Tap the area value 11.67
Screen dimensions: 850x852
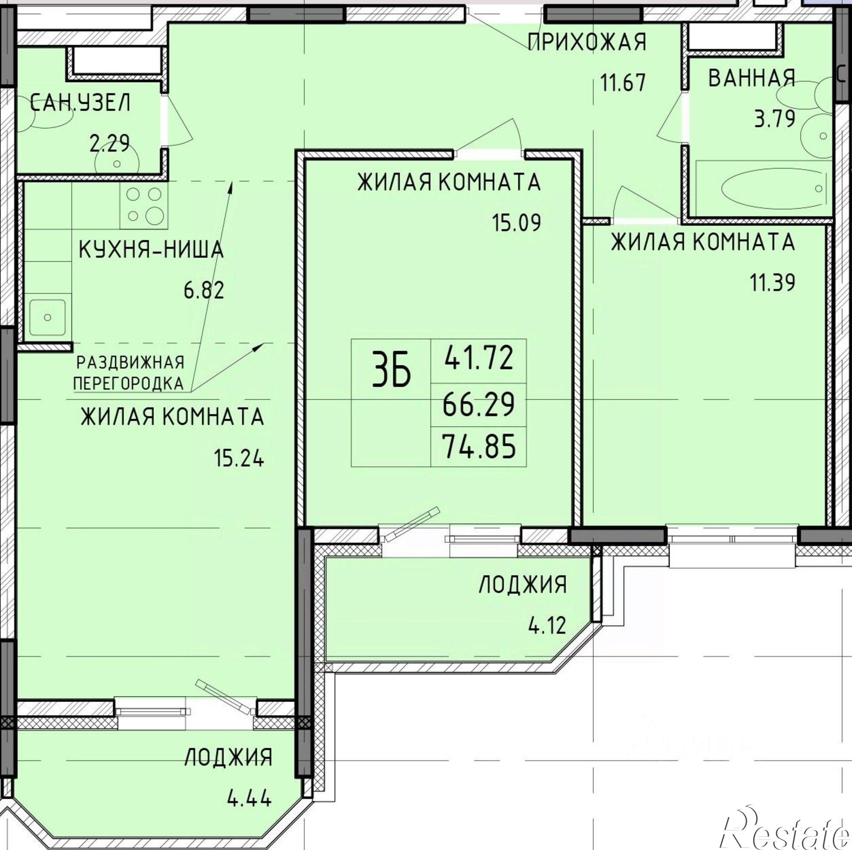[x=623, y=82]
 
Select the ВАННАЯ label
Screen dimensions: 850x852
[x=751, y=78]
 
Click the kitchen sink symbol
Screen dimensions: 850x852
[x=47, y=317]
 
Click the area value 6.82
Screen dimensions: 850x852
[x=204, y=291]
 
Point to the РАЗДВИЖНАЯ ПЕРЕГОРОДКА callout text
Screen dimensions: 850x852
[x=128, y=373]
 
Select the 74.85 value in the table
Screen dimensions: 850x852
[x=479, y=447]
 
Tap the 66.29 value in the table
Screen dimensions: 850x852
[x=479, y=404]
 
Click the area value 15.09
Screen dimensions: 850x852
[x=516, y=223]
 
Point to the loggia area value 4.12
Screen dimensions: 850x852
[x=547, y=625]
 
